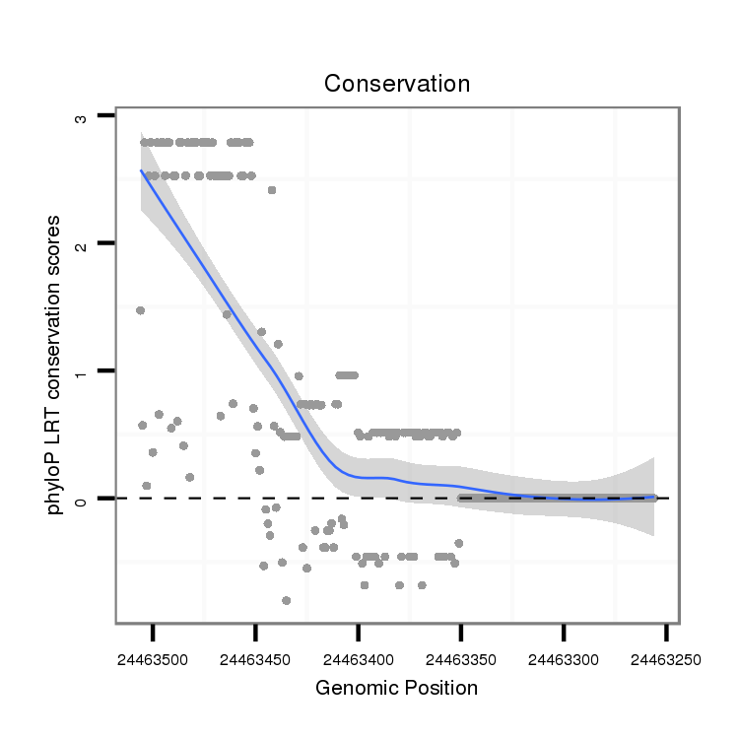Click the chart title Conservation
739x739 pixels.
397,84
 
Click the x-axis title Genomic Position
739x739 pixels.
396,688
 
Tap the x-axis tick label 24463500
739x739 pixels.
154,659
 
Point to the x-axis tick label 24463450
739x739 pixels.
256,659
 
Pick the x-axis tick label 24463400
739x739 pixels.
359,659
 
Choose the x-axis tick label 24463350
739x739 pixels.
461,659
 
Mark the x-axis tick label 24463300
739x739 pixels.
564,659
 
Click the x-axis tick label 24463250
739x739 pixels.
666,659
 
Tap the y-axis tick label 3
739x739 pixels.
82,117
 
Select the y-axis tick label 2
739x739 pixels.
82,244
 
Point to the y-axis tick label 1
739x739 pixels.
82,372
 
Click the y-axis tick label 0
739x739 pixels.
82,500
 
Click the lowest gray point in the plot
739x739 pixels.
287,600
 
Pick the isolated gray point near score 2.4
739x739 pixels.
272,190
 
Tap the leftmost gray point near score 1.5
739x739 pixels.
140,310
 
